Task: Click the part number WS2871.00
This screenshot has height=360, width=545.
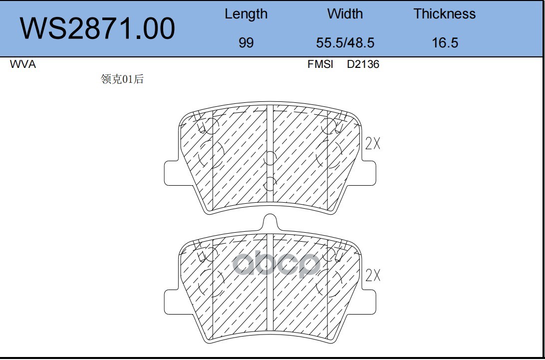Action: (x=97, y=28)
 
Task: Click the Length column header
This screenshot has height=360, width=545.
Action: (x=246, y=14)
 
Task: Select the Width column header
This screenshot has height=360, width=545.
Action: (x=345, y=14)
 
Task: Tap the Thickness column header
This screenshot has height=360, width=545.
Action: (x=445, y=14)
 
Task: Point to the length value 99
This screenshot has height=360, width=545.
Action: (x=246, y=43)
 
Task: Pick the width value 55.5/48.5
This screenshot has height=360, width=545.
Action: (x=345, y=43)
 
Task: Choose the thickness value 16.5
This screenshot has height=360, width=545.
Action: (x=445, y=43)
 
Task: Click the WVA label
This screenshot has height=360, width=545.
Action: (x=23, y=64)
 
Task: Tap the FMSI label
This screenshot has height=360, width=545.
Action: (x=320, y=64)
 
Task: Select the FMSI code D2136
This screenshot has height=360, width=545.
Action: (x=363, y=64)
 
